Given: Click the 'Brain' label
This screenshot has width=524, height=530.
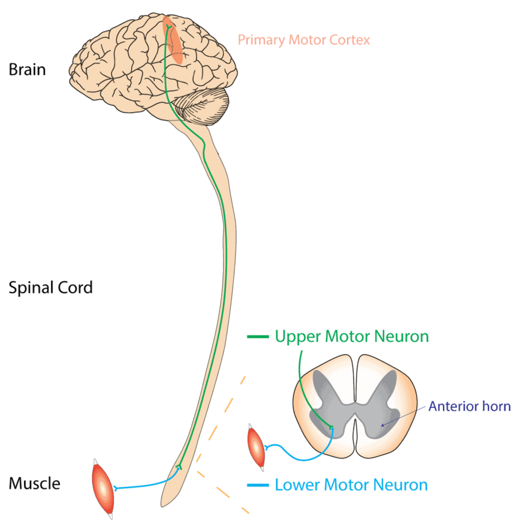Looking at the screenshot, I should (27, 71).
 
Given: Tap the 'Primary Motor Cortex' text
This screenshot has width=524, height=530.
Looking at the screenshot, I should (303, 40).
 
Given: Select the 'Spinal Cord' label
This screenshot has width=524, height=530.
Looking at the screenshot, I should (51, 287).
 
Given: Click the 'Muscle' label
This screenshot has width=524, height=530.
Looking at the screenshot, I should (34, 484).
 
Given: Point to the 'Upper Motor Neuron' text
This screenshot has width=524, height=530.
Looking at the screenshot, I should (352, 336).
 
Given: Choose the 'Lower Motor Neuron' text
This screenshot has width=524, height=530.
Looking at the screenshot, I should (351, 485).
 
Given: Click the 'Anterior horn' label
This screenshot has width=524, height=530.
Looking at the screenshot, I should (469, 407).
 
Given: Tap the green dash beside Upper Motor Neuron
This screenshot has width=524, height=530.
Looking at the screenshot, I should (257, 337).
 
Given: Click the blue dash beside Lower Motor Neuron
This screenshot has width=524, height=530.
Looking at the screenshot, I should (257, 486).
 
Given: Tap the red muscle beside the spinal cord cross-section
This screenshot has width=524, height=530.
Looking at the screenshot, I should (256, 447).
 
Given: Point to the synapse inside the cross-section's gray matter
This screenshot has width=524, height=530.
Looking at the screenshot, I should (331, 427).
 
